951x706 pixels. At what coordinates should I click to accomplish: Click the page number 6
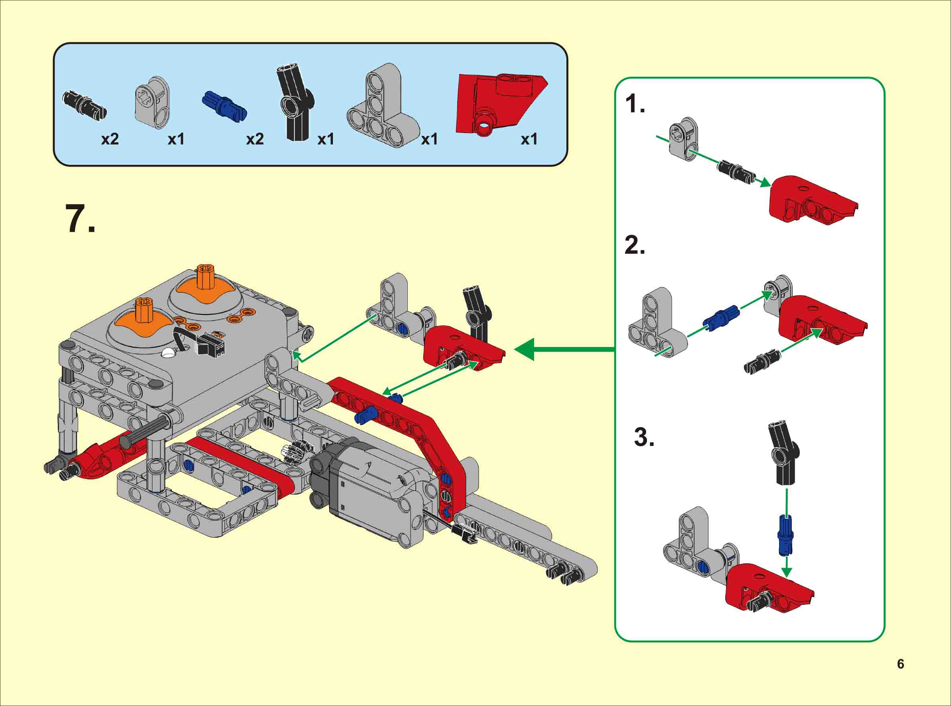(x=900, y=664)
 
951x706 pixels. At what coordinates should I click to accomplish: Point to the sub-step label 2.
(x=635, y=245)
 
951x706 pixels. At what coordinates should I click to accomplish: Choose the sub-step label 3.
(x=644, y=437)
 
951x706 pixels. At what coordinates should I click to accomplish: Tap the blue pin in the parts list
(x=224, y=104)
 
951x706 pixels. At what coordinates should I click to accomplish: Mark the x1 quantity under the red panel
(x=529, y=139)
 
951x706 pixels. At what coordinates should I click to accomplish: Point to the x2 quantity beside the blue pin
(x=255, y=139)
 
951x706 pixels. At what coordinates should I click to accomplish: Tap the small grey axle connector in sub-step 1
(x=683, y=139)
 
